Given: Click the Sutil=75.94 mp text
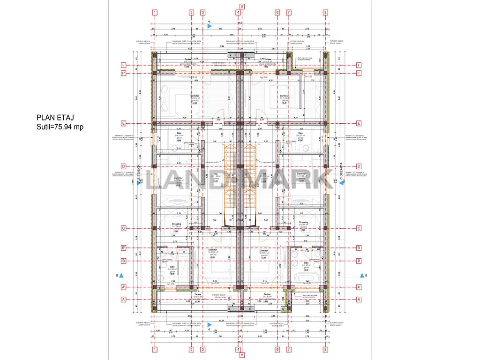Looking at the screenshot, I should click(x=60, y=127).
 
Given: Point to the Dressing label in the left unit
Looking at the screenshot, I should click(x=176, y=223).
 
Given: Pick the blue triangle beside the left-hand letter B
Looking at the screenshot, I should click(x=121, y=276).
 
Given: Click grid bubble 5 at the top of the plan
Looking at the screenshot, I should click(x=242, y=7).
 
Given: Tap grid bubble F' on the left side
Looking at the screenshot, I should click(x=124, y=73).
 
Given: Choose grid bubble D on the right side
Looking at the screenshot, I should click(x=359, y=166).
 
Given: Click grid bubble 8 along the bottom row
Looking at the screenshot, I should click(x=325, y=349).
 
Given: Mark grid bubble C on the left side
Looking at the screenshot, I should click(x=124, y=229).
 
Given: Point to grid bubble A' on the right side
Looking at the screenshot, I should click(x=359, y=287).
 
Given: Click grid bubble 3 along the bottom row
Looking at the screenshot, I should click(x=202, y=349).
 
